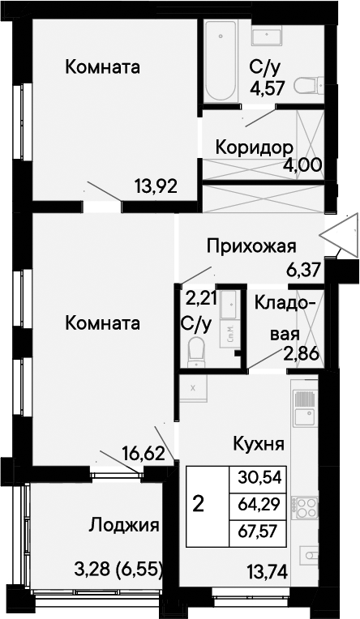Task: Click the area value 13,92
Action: [156, 186]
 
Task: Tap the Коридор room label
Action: [255, 147]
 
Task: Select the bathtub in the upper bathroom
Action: [221, 61]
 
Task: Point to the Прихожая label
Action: [251, 247]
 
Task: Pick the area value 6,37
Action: [302, 271]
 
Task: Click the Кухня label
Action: [259, 444]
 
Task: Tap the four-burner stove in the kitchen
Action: [305, 507]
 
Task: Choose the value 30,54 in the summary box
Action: [259, 478]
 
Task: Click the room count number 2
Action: [199, 504]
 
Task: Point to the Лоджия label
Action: [124, 526]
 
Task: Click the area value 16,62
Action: [144, 453]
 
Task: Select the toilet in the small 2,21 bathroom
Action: [195, 352]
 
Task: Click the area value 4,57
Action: [267, 88]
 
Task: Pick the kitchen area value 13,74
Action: [267, 570]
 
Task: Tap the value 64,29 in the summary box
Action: [259, 504]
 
